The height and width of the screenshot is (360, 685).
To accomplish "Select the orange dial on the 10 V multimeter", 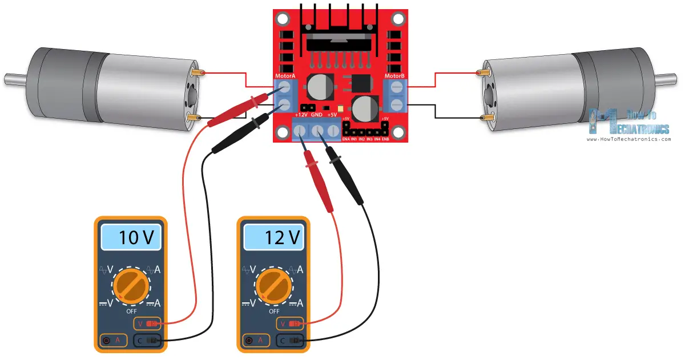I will pos(131,286).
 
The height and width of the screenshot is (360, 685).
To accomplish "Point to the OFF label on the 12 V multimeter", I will pos(274,312).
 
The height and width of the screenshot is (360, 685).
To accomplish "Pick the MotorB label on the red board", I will pos(394,76).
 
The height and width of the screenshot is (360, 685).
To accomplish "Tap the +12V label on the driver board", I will pos(301,114).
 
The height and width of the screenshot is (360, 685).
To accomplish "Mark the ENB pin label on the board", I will pos(385,139).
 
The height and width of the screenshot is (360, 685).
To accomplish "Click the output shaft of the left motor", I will pos(17,78).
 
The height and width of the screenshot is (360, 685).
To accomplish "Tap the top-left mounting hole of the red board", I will pos(283,20).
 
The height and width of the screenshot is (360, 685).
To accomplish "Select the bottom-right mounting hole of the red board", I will pos(398,132).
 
